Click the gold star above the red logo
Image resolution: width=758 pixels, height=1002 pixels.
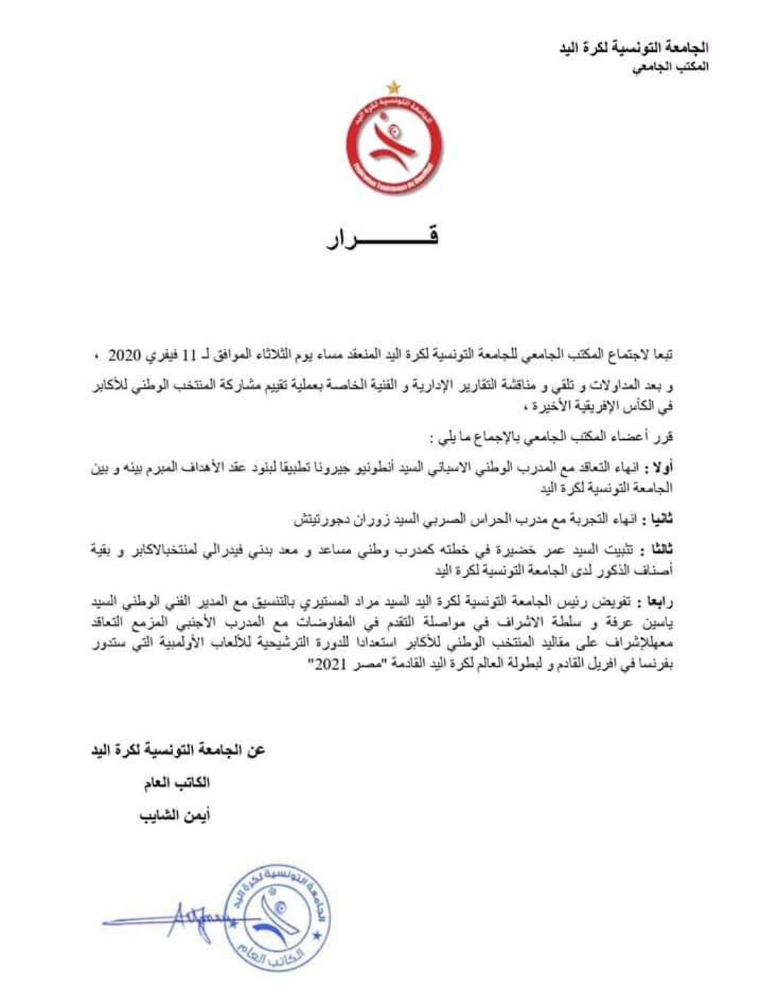(393, 88)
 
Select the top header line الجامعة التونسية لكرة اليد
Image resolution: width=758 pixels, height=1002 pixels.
(633, 49)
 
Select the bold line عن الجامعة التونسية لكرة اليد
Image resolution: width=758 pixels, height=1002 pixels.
(177, 750)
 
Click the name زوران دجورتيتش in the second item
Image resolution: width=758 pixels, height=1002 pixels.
(333, 520)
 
